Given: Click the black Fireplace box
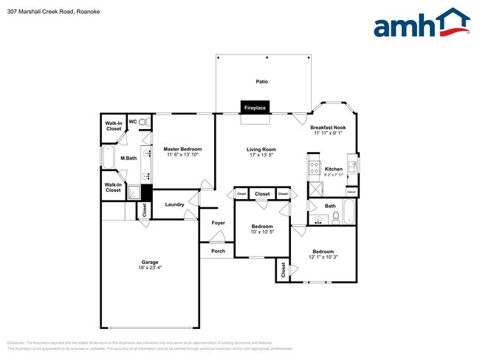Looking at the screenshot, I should coord(255,108).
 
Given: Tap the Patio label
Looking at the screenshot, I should coord(261,82).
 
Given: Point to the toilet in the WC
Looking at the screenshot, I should coord(144,122).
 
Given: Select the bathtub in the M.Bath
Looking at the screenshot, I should coord(108,158).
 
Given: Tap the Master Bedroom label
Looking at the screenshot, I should coord(182,149).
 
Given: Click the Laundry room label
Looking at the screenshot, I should coord(174,204).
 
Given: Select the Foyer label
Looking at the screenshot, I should coord(218,222).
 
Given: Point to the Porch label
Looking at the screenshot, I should coord(218,251).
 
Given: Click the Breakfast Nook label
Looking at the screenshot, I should coord(328,128).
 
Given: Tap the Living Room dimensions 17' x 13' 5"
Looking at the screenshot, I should coord(261,155).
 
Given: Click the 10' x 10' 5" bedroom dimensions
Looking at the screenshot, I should coord(262,232).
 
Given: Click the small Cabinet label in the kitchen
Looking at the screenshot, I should coord(352,190).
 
